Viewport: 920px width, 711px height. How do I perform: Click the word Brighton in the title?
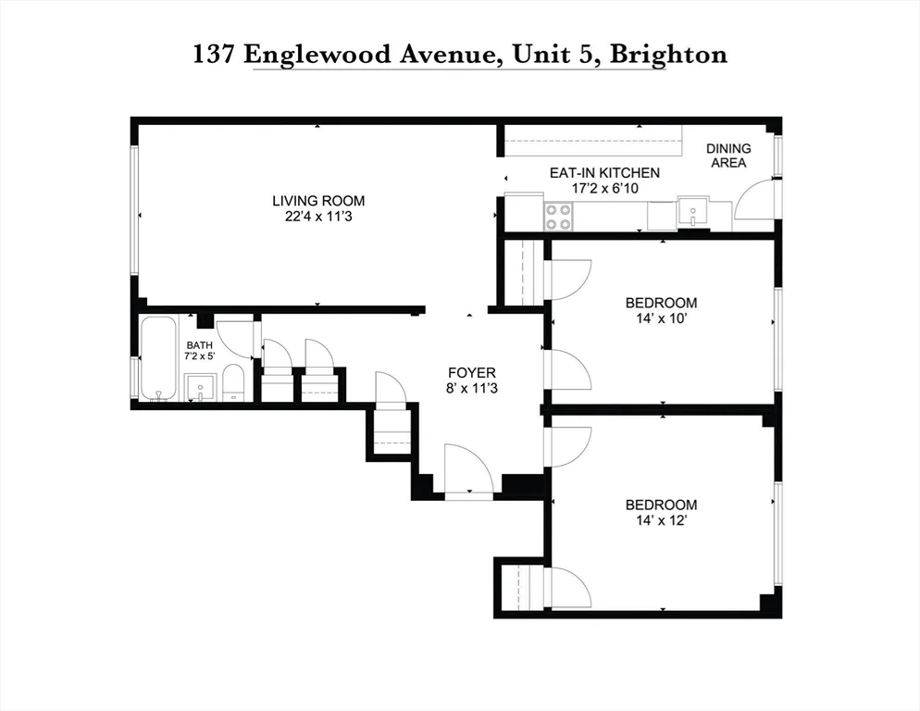[670, 54]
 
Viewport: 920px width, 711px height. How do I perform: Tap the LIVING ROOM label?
[317, 200]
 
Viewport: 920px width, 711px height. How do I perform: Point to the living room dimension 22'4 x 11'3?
[317, 217]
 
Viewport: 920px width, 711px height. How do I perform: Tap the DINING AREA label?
[728, 156]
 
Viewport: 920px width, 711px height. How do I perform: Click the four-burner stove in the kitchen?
[558, 217]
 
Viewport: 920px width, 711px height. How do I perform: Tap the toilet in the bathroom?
[233, 381]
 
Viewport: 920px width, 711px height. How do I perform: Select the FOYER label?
[471, 373]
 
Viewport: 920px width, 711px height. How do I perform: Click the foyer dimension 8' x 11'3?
[471, 389]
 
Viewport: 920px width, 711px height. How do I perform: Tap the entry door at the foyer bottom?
[467, 471]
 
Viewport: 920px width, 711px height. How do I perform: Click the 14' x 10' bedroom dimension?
[661, 318]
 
